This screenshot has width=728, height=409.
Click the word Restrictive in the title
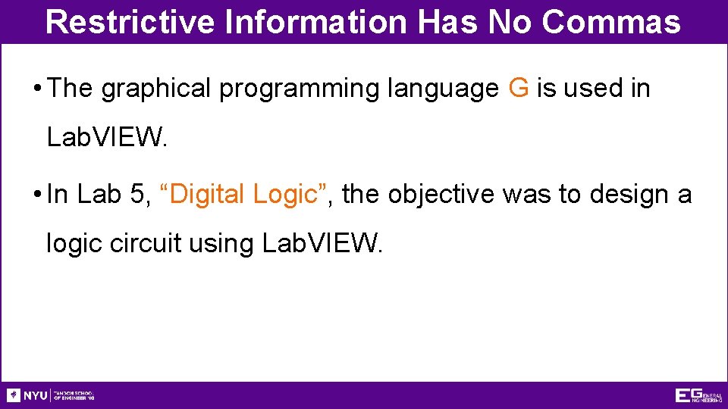click(x=130, y=22)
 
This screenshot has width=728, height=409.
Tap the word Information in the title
click(x=317, y=22)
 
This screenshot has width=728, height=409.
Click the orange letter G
click(x=519, y=89)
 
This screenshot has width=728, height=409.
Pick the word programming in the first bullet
click(x=300, y=89)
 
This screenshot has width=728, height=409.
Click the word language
click(x=443, y=89)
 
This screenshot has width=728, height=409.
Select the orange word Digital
click(x=209, y=195)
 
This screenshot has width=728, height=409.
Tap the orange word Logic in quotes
click(x=284, y=195)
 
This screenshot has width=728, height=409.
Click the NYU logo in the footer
click(x=27, y=395)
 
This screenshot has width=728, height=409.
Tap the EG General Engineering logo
click(x=698, y=395)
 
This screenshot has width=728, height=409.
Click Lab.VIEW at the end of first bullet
click(x=103, y=138)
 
